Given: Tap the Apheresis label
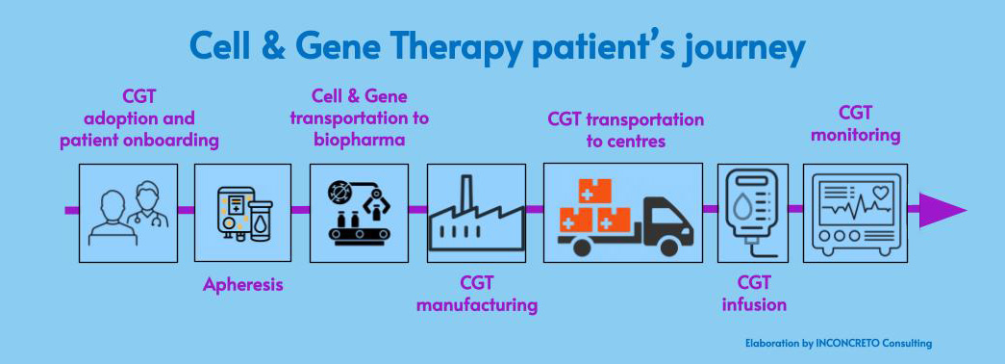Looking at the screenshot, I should (243, 285).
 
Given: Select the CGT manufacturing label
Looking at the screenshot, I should (476, 295).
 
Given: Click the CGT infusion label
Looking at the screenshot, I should (753, 294).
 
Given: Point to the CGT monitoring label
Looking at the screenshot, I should (854, 123).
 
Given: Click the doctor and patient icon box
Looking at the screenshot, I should (128, 212).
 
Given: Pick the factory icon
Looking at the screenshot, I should (477, 212).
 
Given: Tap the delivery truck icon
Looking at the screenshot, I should (622, 213).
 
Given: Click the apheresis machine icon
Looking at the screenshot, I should (243, 212).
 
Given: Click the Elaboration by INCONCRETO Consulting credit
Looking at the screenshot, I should (838, 343).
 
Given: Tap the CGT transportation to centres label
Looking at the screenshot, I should (626, 130).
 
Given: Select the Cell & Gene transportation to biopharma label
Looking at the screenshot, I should (360, 117).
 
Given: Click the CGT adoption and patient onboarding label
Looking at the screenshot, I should (139, 117).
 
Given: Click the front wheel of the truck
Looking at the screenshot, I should (668, 247).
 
